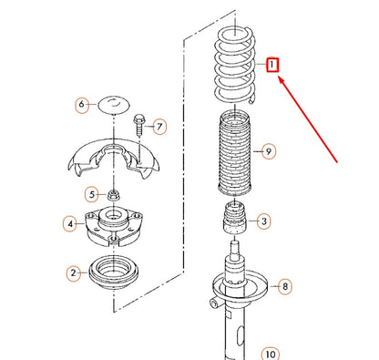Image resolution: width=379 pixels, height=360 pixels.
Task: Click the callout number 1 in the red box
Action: (272, 66)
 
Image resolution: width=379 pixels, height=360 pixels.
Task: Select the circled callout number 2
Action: (73, 272)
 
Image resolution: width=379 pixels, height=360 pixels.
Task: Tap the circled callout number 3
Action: (263, 220)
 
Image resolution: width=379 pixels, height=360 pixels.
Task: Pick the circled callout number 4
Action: (69, 222)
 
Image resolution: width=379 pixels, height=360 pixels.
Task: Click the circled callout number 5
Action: (91, 193)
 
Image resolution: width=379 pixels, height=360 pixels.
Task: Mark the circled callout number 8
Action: (284, 286)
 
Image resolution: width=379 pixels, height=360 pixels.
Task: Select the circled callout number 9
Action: (265, 150)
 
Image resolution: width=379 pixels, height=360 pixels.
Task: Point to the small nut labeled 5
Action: (112, 193)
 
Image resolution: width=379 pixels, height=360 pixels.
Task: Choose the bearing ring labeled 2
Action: (113, 273)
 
